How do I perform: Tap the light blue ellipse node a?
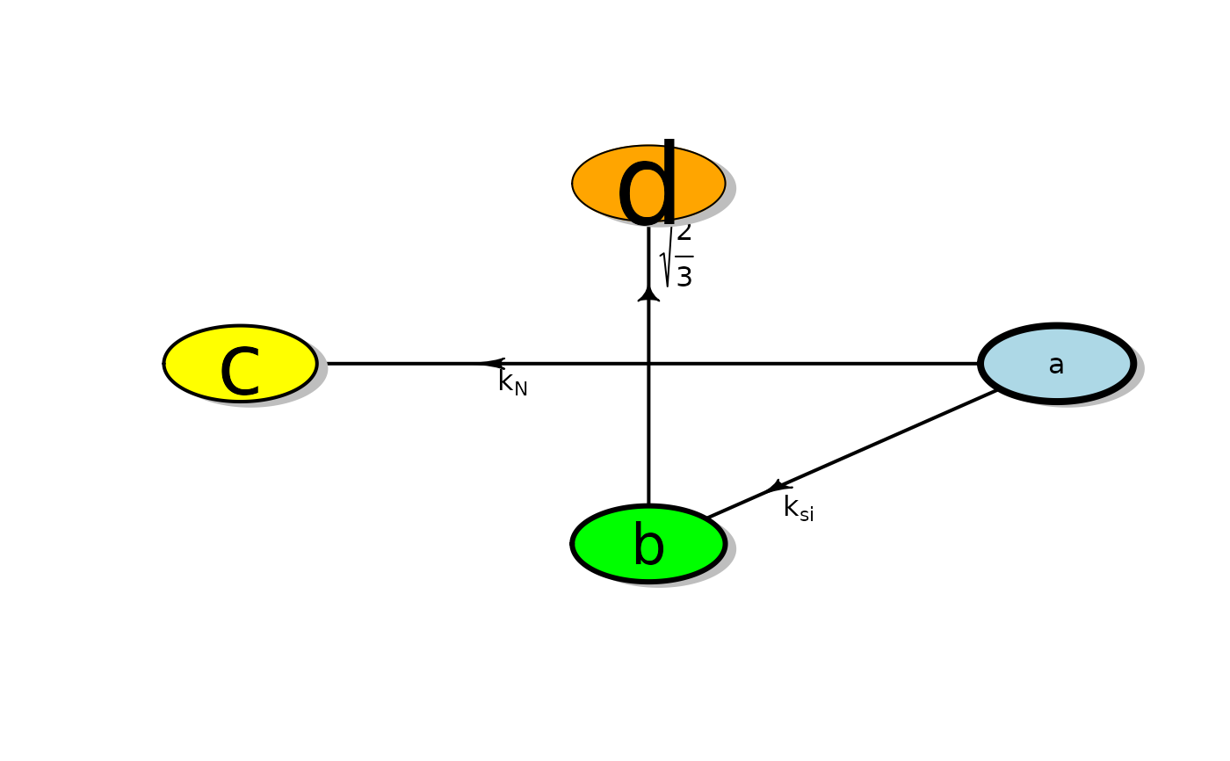click(1089, 363)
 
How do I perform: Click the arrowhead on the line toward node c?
click(492, 363)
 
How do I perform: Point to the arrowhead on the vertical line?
click(648, 294)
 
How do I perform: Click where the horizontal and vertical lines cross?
click(648, 363)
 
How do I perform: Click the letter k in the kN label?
click(505, 381)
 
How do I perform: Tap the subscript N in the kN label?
click(520, 388)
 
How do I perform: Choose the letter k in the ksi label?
click(791, 507)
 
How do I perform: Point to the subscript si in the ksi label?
click(807, 514)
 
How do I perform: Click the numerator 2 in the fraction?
click(684, 233)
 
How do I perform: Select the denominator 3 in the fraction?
click(684, 277)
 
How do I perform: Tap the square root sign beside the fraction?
click(667, 260)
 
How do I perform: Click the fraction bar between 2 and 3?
click(684, 256)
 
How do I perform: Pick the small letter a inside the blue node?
click(1056, 365)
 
